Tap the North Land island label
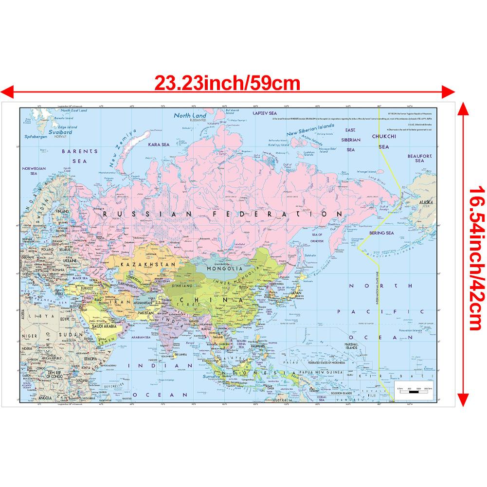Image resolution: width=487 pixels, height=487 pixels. [x=191, y=116]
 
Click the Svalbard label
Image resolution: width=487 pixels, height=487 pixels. [x=57, y=131]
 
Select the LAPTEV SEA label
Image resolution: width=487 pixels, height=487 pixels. [x=264, y=112]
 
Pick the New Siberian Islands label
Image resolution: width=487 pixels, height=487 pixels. [x=309, y=129]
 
